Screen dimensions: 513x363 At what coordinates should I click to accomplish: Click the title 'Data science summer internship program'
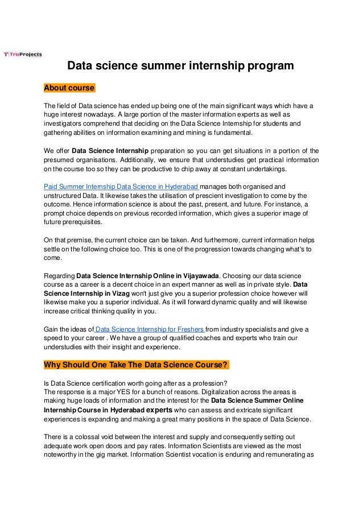point(181,67)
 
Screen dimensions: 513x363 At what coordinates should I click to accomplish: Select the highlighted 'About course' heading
point(69,88)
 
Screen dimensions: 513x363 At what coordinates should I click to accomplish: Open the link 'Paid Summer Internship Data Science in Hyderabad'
point(121,186)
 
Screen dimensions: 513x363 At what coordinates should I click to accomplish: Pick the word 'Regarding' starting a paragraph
point(59,275)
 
